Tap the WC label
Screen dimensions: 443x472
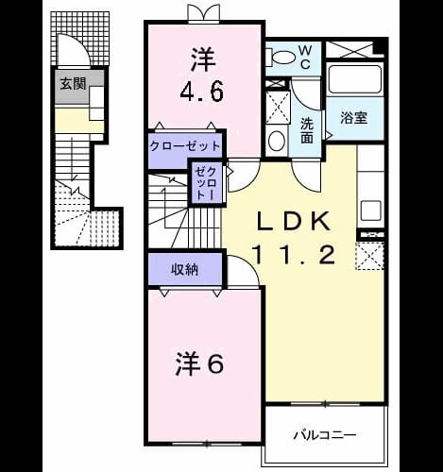coord(305,57)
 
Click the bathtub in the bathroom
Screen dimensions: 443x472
coord(355,79)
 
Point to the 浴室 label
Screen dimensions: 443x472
coord(354,118)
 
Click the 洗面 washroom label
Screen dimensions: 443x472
coord(307,130)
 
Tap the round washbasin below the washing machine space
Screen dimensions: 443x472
coord(277,141)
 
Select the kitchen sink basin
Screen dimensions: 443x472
coord(371,211)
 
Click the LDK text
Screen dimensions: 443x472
coord(294,222)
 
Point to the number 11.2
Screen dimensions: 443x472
coord(293,255)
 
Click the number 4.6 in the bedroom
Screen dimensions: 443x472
coord(202,92)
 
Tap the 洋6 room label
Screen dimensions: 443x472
coord(199,364)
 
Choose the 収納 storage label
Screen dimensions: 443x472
coord(184,269)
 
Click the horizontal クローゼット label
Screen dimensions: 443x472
coord(185,146)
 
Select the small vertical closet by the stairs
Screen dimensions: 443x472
coord(206,184)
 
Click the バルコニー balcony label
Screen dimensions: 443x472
coord(325,435)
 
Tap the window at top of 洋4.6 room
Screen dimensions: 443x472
coord(204,13)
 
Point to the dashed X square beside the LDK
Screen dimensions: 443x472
coord(370,256)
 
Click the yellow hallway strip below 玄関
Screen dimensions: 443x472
coord(79,121)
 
